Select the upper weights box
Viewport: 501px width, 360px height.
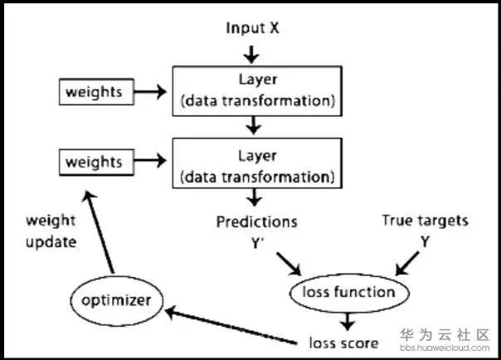[x=93, y=91]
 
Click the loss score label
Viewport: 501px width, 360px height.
[x=343, y=343]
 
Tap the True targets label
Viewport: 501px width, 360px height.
[x=425, y=221]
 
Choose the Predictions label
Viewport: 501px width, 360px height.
[x=256, y=222]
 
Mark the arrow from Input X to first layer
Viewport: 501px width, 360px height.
[x=253, y=53]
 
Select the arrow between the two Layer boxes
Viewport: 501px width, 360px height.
[x=254, y=125]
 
